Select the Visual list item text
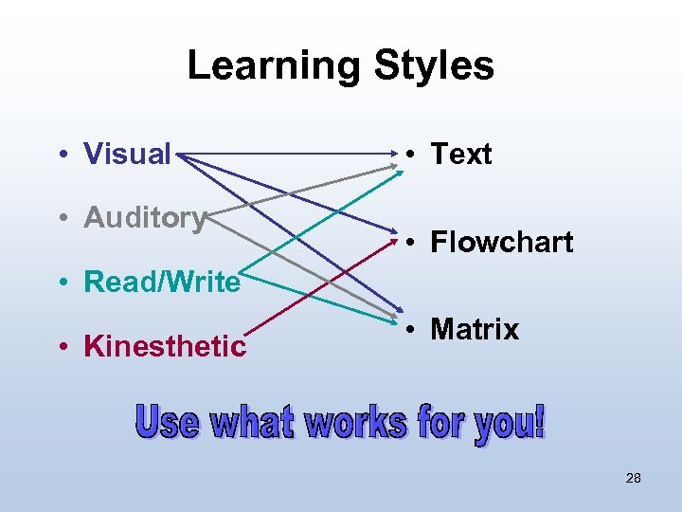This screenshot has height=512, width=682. tap(127, 154)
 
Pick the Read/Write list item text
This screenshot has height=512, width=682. tap(162, 282)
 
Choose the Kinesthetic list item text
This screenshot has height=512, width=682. tap(165, 346)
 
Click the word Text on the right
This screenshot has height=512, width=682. tap(461, 154)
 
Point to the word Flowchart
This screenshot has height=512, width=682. tap(501, 243)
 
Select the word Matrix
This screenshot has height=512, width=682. tap(475, 330)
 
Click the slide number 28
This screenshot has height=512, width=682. tap(634, 478)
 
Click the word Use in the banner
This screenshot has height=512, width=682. tap(169, 422)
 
